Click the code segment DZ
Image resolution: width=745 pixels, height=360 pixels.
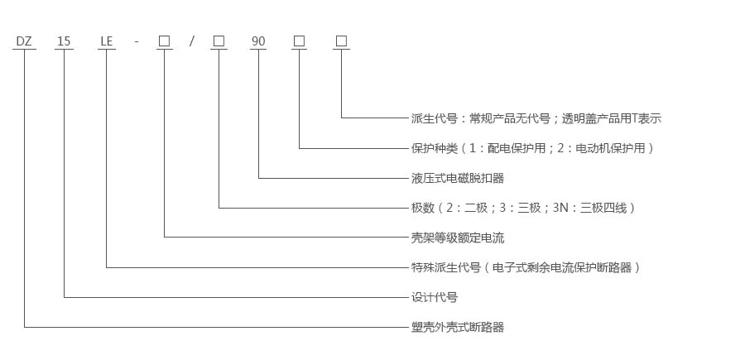[x=24, y=41]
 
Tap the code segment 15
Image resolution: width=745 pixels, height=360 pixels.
[x=64, y=41]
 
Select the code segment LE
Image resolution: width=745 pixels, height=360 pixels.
[x=106, y=41]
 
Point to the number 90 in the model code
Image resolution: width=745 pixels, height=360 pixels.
[x=258, y=41]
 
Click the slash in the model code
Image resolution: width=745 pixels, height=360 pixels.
[x=191, y=41]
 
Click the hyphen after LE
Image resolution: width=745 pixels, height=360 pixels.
[x=136, y=41]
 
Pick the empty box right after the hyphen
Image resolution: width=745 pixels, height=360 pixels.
[x=165, y=41]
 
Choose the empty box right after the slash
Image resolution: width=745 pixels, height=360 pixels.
[x=219, y=41]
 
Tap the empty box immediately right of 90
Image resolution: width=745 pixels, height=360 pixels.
[x=299, y=41]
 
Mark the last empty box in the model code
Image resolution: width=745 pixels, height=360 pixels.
[x=341, y=41]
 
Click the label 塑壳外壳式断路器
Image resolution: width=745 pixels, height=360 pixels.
[x=457, y=327]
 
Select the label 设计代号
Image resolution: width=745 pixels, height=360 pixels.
[x=434, y=297]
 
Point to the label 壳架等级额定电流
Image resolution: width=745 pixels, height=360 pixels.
[x=457, y=238]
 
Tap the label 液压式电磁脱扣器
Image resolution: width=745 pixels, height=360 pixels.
[x=457, y=178]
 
